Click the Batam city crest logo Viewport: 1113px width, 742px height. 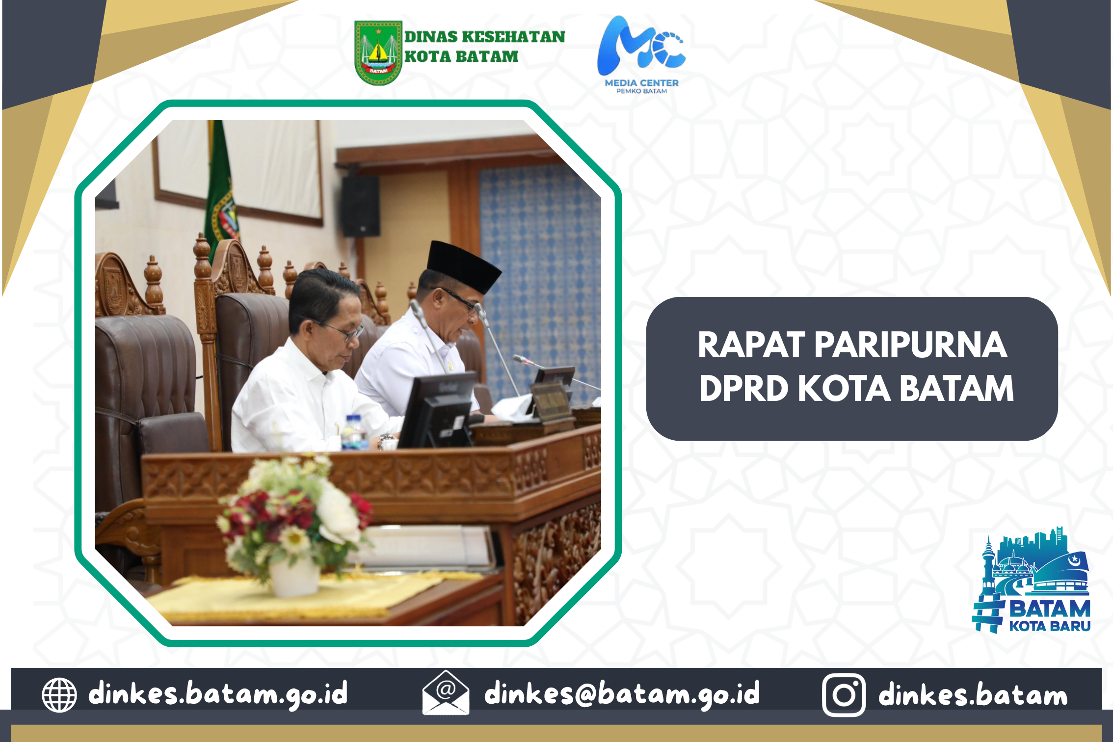[378, 53]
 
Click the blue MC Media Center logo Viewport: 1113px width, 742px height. [641, 54]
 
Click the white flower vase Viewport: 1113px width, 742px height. [294, 577]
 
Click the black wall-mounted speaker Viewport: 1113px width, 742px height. [360, 206]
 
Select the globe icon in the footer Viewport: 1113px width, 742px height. [59, 695]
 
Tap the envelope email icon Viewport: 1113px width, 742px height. [446, 693]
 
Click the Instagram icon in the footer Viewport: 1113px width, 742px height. [844, 695]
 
